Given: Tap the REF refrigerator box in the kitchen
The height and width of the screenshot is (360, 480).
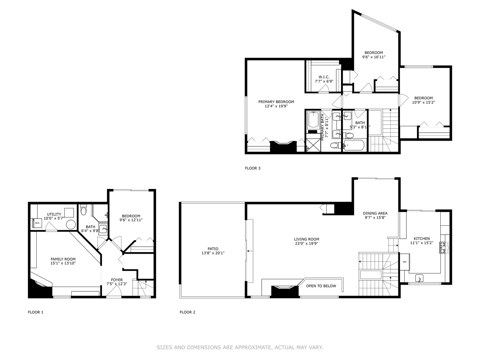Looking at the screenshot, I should [405, 262].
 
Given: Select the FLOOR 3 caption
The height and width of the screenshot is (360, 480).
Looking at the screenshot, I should [253, 168].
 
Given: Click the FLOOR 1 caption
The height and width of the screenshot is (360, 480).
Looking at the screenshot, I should [35, 312].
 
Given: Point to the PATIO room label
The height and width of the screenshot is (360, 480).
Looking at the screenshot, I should [213, 249].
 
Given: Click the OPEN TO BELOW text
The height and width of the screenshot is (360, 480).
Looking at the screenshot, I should [321, 286].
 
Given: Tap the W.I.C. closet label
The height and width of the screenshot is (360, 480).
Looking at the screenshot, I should [324, 77].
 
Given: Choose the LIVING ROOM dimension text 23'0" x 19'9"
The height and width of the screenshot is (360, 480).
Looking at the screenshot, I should [306, 243].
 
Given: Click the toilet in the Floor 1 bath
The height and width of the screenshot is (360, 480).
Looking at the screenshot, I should [83, 211].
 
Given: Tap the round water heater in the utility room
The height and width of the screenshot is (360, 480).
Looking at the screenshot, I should [71, 224].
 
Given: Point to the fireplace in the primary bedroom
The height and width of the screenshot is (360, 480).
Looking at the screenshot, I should [283, 147].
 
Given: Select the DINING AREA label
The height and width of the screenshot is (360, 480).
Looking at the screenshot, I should [375, 213].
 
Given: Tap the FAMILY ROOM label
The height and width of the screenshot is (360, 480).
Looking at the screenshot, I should [63, 259].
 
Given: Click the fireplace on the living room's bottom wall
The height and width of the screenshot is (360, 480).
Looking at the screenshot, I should [284, 291].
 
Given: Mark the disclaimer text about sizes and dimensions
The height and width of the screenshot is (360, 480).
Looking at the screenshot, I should [240, 347].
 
